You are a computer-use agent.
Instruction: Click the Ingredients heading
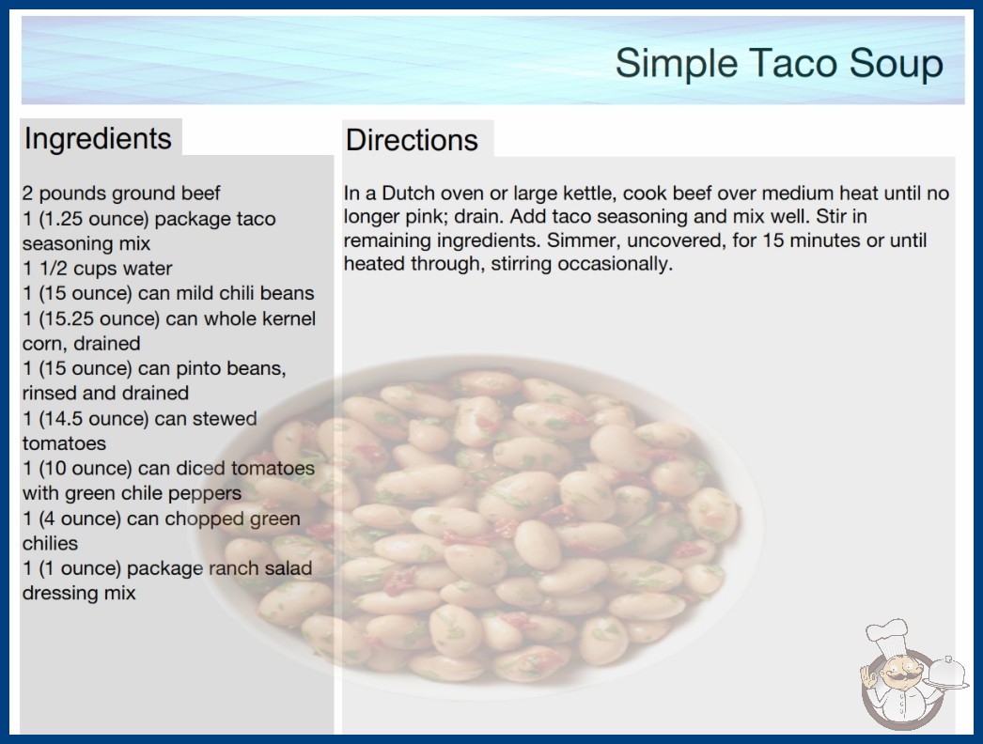tap(98, 139)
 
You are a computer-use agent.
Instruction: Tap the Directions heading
tap(412, 140)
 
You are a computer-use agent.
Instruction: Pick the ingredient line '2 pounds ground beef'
tap(121, 194)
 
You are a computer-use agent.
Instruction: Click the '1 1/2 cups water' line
tap(97, 269)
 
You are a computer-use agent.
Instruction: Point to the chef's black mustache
tap(898, 676)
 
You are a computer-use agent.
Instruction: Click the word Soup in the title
tap(896, 64)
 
